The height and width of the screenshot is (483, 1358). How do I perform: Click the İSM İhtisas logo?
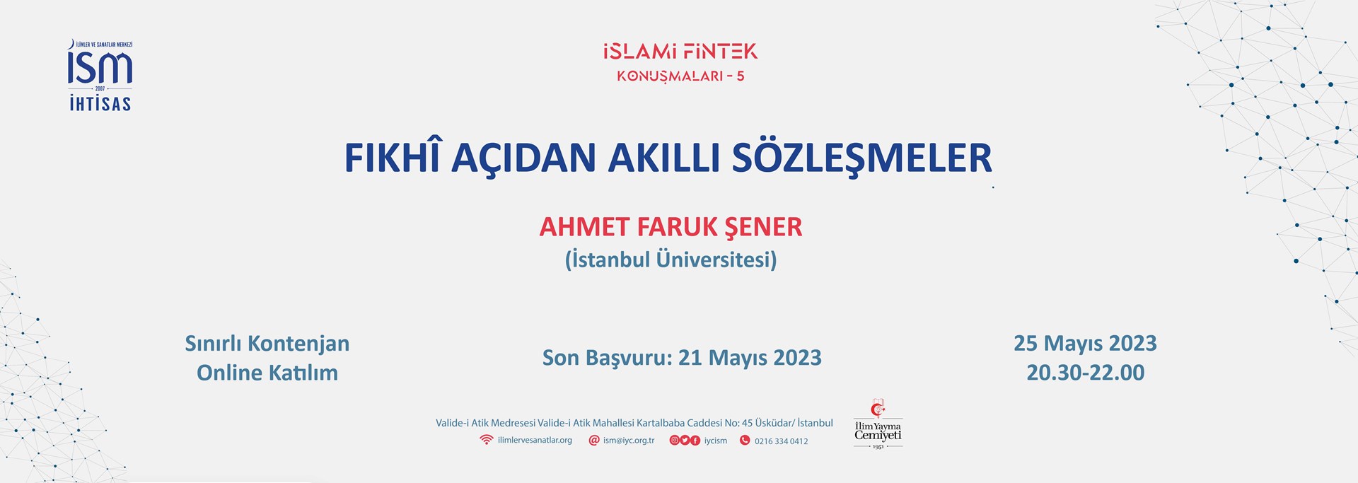(x=100, y=76)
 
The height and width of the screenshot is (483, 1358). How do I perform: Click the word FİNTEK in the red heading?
(x=721, y=52)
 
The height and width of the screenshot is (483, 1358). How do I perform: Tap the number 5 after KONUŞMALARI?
(x=740, y=76)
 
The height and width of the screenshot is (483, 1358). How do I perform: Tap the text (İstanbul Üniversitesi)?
(x=671, y=260)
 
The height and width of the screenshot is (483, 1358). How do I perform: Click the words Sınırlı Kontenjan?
(x=267, y=344)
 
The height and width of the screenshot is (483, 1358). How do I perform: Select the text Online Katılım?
(x=267, y=373)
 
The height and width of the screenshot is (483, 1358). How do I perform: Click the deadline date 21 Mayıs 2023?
(x=750, y=359)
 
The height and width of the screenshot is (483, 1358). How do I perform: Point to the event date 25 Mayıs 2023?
(x=1085, y=344)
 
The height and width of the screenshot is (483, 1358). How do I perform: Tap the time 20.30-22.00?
(x=1085, y=373)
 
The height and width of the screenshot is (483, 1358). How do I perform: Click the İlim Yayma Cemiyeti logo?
(x=878, y=424)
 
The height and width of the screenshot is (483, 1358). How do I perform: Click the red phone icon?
(x=745, y=441)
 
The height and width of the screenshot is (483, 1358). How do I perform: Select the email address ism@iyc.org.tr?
(x=629, y=441)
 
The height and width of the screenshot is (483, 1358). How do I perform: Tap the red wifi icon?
(x=486, y=440)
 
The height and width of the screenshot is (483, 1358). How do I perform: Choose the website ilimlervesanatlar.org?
(x=535, y=441)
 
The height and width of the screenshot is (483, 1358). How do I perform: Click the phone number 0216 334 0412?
(x=781, y=441)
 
